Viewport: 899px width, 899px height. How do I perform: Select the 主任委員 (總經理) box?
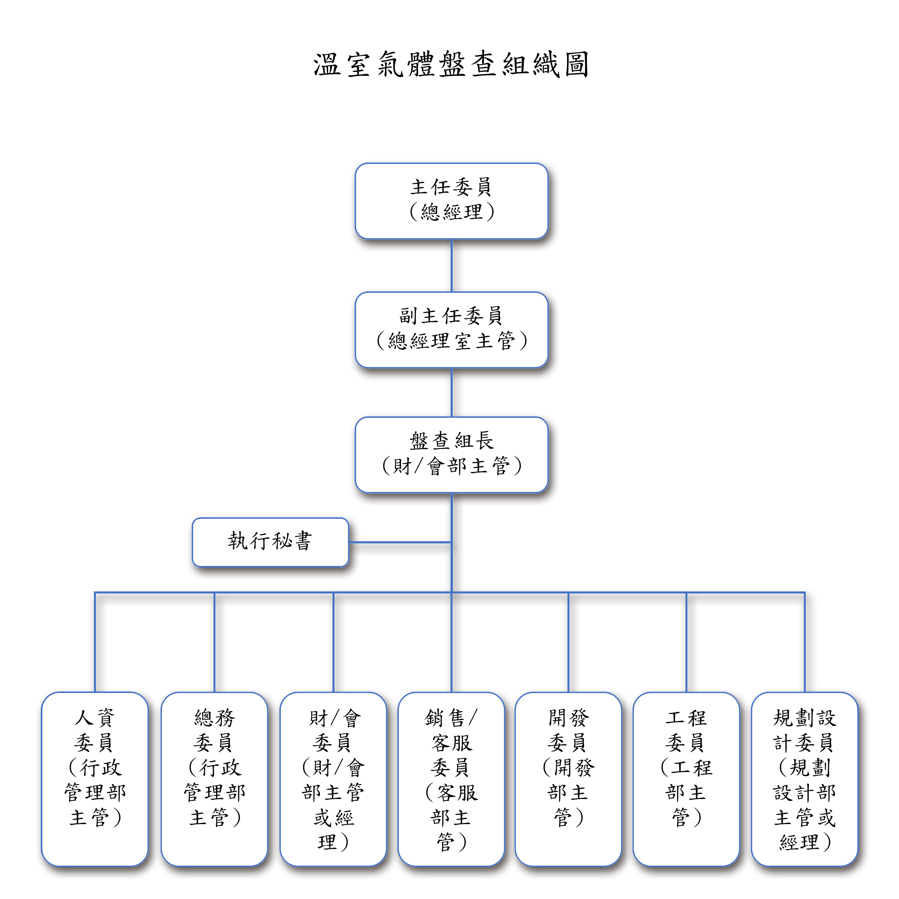coord(451,201)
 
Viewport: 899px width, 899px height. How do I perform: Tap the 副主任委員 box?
coord(451,330)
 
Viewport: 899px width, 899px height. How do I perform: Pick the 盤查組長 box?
coord(451,455)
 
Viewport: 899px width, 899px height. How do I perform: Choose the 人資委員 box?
coord(95,779)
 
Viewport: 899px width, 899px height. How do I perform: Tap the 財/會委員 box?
coord(333,779)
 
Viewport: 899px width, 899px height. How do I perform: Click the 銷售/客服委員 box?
coord(451,779)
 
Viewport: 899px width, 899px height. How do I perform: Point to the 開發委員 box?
coord(568,779)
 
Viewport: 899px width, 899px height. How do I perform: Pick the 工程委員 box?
coord(686,779)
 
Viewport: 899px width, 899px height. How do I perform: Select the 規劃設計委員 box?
coord(804,779)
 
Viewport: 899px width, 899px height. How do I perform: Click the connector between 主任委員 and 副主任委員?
coord(451,266)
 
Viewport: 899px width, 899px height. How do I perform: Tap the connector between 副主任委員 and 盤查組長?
coord(451,392)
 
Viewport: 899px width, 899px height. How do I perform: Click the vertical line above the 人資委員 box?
coord(95,642)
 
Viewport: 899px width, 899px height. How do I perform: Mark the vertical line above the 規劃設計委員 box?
coord(804,642)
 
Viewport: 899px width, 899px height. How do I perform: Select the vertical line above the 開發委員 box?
coord(568,642)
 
